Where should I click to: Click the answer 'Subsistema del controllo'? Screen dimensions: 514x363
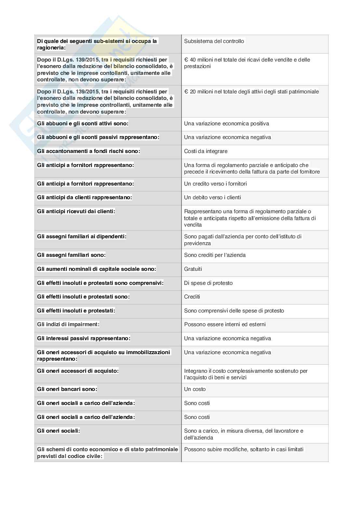click(214, 41)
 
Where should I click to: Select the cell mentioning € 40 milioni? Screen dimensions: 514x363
click(247, 63)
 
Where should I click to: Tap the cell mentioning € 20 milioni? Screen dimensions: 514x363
click(251, 91)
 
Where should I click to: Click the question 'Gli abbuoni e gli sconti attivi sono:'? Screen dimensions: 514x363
click(83, 123)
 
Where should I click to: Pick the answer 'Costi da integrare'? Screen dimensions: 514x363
click(206, 151)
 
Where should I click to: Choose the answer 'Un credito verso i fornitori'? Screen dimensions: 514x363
click(215, 184)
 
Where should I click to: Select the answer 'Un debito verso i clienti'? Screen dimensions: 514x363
click(212, 197)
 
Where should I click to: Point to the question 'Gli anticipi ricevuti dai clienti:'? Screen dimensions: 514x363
click(76, 211)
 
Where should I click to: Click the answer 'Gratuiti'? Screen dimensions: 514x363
click(193, 269)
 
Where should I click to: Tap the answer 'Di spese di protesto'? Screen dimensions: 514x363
click(208, 283)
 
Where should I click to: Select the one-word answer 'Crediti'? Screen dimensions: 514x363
click(192, 297)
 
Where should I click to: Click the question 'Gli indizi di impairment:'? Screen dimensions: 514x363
click(68, 324)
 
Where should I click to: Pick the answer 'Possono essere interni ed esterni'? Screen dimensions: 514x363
click(225, 324)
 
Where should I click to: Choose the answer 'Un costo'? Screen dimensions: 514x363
click(195, 389)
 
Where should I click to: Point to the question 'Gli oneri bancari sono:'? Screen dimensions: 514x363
click(67, 389)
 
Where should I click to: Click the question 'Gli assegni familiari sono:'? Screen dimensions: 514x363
click(71, 255)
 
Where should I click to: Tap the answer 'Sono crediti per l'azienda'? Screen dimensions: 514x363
click(215, 255)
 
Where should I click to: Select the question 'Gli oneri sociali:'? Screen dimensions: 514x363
click(59, 431)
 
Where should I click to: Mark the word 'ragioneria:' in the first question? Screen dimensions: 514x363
click(51, 48)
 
